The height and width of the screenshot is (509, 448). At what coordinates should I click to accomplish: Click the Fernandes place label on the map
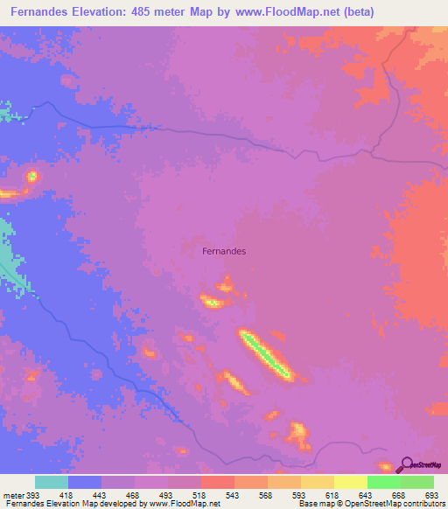pyautogui.click(x=224, y=251)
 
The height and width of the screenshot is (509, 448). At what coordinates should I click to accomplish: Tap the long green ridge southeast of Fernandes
pyautogui.click(x=265, y=353)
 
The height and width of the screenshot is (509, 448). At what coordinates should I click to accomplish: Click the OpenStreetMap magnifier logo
pyautogui.click(x=405, y=464)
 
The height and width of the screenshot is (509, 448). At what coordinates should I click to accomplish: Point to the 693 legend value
pyautogui.click(x=431, y=495)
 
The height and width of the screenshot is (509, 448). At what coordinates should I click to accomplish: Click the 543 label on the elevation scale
pyautogui.click(x=234, y=495)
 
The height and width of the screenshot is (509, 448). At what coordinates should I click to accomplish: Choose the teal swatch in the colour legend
pyautogui.click(x=52, y=483)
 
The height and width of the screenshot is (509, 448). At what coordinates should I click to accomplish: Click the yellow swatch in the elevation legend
pyautogui.click(x=351, y=483)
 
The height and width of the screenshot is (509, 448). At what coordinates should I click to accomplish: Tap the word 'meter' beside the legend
pyautogui.click(x=13, y=495)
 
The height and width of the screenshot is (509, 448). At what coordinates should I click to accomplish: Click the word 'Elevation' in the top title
pyautogui.click(x=98, y=12)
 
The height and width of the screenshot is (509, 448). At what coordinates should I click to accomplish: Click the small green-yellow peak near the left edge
pyautogui.click(x=32, y=176)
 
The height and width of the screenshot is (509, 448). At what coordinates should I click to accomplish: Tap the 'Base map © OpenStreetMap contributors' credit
pyautogui.click(x=371, y=504)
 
